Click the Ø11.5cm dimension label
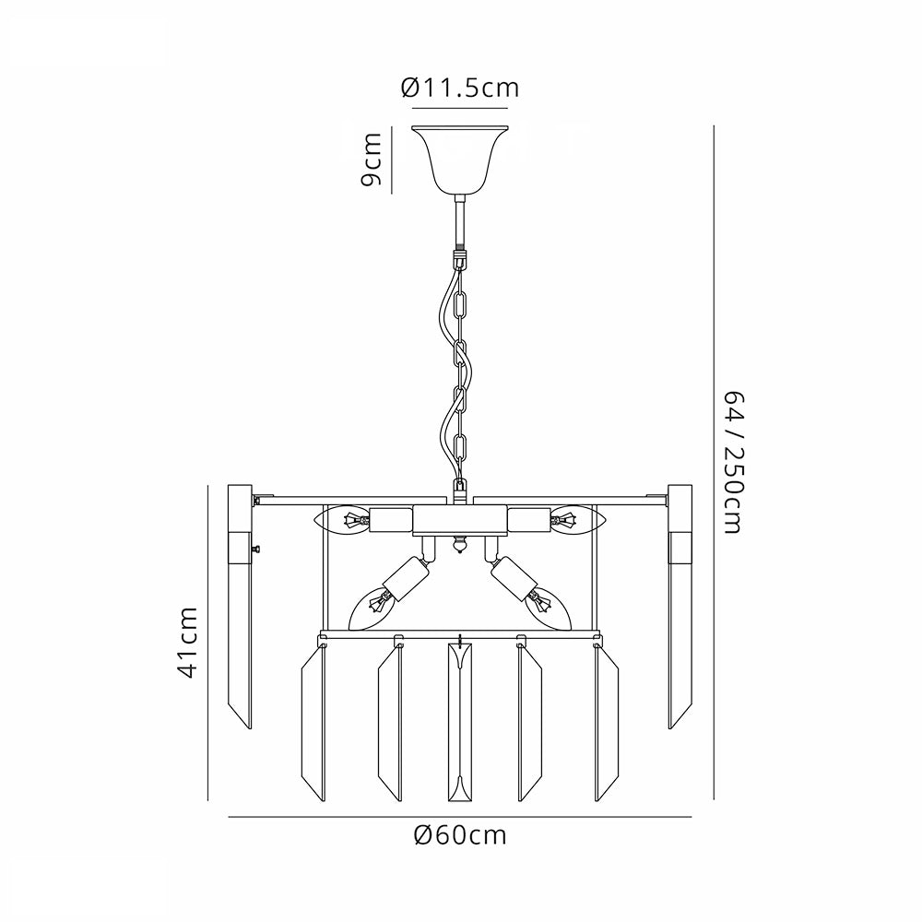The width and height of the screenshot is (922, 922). coord(460,88)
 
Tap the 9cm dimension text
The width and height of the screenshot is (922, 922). coord(372,160)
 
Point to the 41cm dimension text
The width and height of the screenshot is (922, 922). coord(188,643)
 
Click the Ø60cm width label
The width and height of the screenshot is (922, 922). coord(460,835)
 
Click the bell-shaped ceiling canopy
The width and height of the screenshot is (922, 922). coord(460,159)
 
